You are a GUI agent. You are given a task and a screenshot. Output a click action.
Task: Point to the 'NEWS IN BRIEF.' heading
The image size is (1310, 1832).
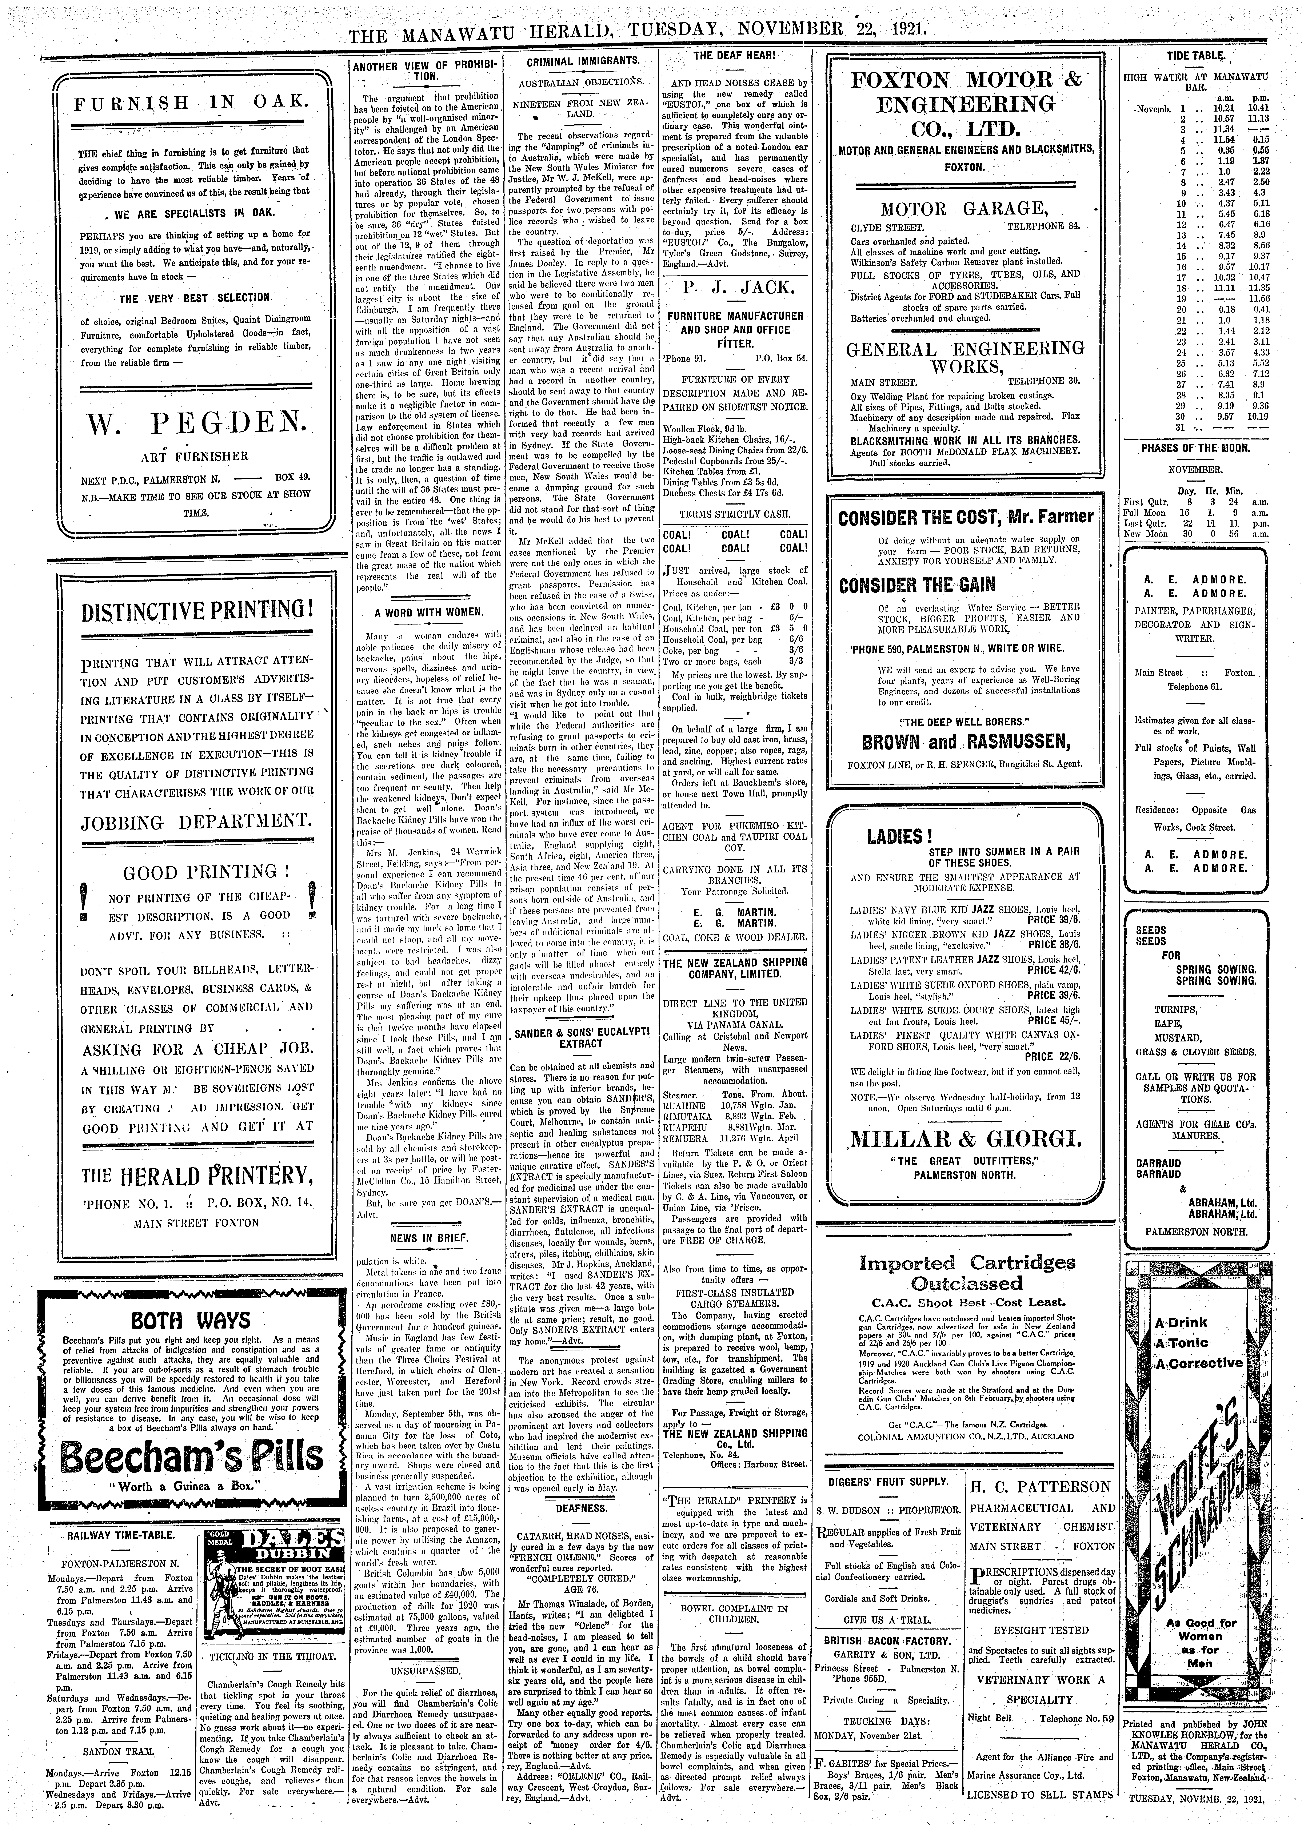pyautogui.click(x=428, y=1237)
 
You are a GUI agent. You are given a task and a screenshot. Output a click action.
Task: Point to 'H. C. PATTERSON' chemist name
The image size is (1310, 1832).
pyautogui.click(x=1041, y=1486)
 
